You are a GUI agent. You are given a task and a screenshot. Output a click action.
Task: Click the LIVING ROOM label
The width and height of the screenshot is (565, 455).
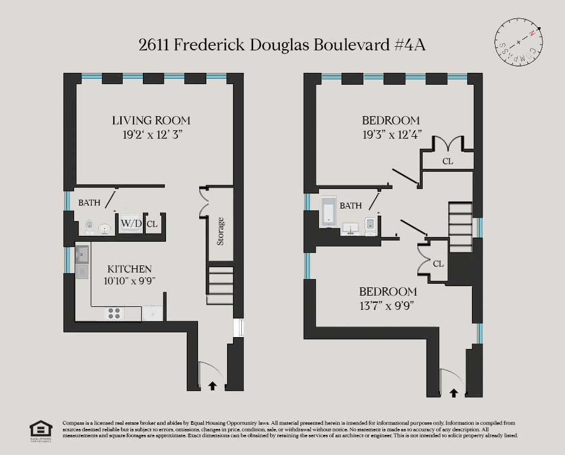point(151,120)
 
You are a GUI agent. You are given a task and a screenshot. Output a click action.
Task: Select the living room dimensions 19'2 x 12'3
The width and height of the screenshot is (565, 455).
point(151,134)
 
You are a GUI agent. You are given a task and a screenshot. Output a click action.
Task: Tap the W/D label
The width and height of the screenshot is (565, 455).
point(131,224)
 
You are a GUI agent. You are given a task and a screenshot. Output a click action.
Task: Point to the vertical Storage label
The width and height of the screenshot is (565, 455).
point(221,232)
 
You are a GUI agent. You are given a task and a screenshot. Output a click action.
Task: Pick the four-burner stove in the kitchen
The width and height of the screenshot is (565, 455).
point(114,313)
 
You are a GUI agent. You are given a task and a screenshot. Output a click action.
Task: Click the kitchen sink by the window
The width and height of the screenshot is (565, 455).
point(82,255)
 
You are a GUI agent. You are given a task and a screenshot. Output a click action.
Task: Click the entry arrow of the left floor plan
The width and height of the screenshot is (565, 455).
point(212,386)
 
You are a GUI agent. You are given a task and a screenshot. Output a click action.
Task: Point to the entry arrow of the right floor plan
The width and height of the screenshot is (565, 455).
point(454,392)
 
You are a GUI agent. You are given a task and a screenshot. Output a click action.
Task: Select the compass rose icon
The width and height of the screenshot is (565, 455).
point(519,41)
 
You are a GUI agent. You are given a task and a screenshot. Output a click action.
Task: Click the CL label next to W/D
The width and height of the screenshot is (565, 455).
point(152,224)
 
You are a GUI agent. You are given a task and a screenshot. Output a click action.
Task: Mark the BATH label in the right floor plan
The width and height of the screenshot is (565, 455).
point(350,206)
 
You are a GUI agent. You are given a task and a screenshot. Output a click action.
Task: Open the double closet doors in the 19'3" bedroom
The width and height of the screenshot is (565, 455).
point(448,143)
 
